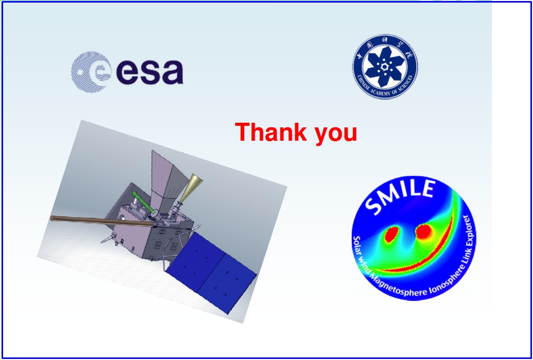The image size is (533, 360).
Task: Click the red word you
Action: tap(336, 134)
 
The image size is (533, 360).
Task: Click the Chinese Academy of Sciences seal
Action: tap(385, 67)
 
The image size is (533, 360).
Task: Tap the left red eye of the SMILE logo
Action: tap(391, 234)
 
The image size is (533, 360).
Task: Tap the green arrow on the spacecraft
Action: tap(144, 203)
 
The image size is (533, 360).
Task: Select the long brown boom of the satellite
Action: tap(102, 221)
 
